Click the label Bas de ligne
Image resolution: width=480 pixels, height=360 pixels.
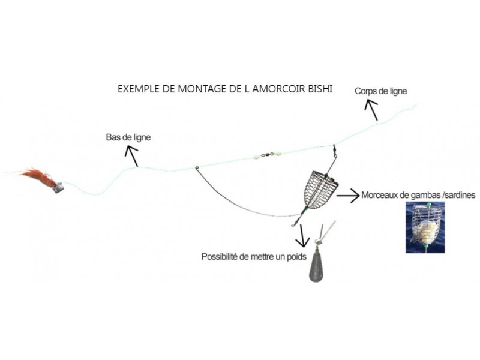(128, 137)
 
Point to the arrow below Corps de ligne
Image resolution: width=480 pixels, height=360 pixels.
(372, 110)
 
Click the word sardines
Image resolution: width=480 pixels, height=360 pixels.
(458, 195)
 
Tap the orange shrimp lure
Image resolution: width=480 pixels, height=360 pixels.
(36, 176)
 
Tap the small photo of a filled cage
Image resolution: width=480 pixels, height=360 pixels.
(425, 226)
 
